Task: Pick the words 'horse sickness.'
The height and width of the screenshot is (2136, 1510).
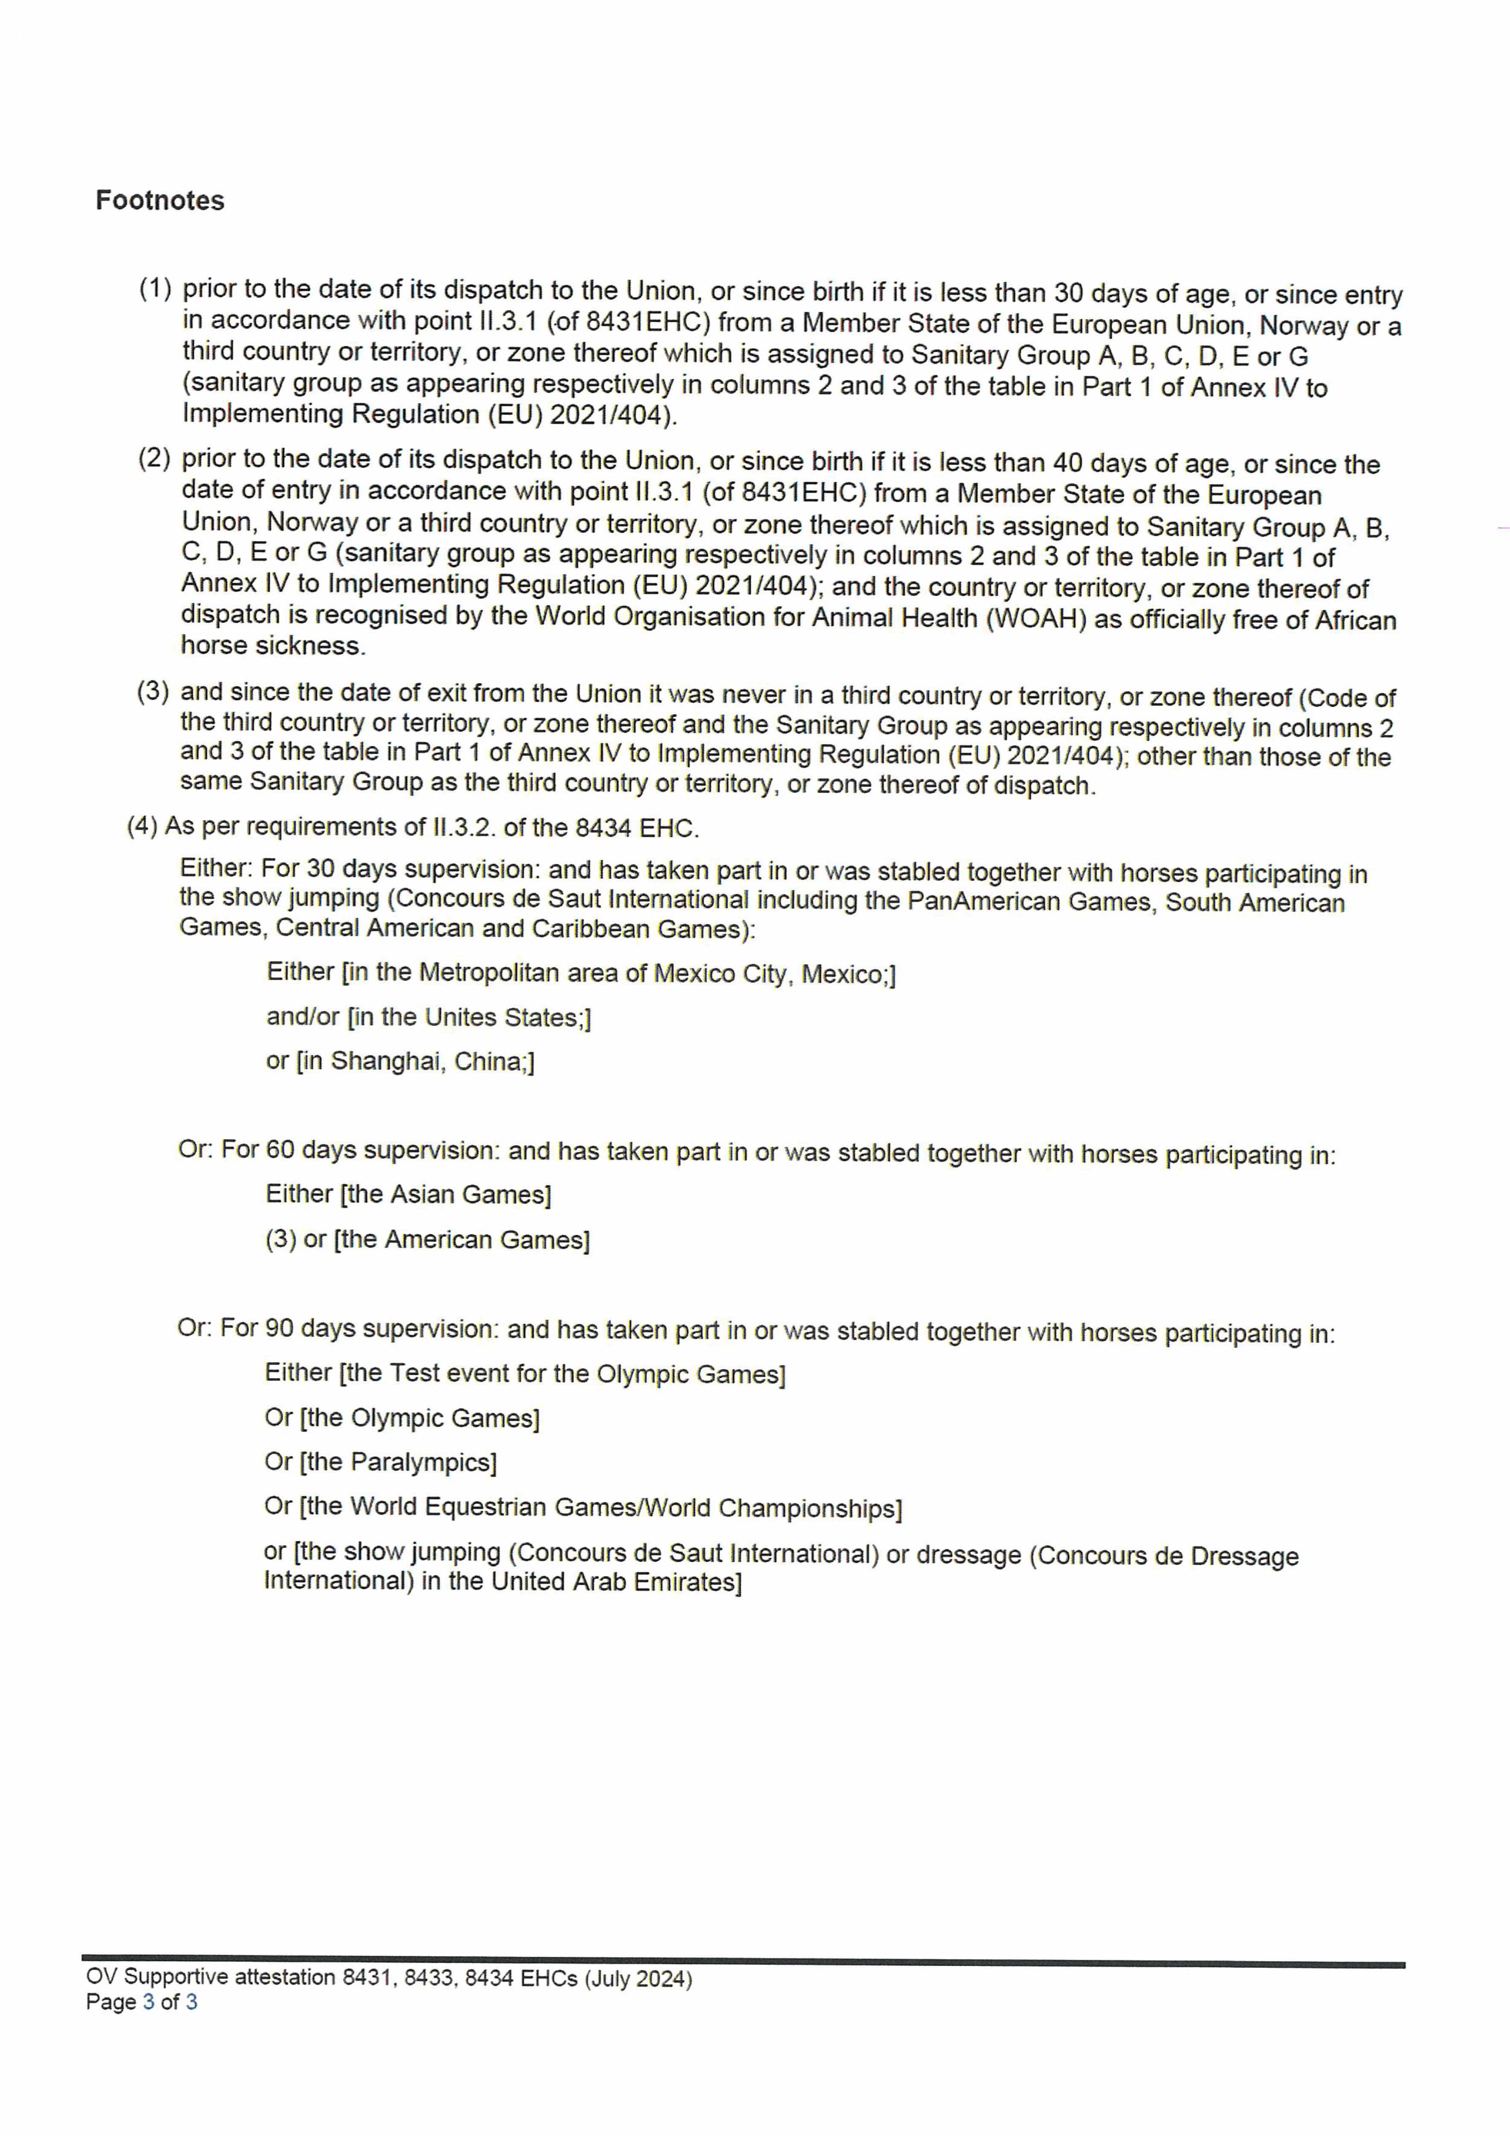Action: coord(273,645)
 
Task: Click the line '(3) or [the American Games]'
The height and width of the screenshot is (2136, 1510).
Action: coord(427,1239)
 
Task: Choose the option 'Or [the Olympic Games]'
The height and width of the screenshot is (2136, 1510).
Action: coord(402,1418)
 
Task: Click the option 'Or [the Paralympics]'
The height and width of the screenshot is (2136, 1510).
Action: coord(381,1461)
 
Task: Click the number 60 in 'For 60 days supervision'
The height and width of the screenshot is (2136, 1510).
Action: coord(280,1150)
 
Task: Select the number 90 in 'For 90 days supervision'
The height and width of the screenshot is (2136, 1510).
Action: coord(279,1329)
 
